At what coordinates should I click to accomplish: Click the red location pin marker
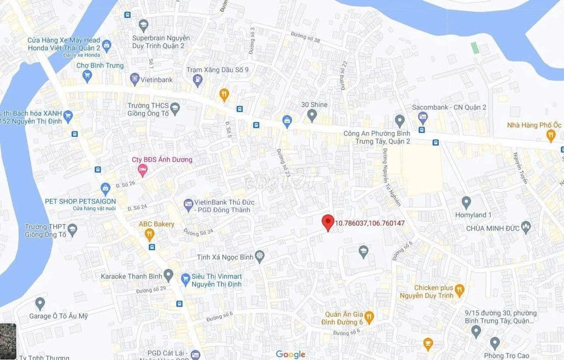(x=328, y=222)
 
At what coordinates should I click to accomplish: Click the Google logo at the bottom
(x=290, y=354)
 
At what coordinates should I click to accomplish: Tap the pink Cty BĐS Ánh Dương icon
(x=143, y=170)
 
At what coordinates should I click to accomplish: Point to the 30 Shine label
(x=314, y=105)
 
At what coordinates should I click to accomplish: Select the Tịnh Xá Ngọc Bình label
(x=226, y=258)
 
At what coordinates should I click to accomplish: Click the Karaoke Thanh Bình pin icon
(x=169, y=275)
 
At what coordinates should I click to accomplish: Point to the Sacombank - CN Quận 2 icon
(x=422, y=117)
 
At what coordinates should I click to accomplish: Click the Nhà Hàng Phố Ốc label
(x=530, y=125)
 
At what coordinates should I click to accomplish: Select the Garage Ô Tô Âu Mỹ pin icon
(x=40, y=303)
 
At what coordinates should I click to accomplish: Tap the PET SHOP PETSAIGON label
(x=80, y=201)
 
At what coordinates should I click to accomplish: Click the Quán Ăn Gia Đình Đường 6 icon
(x=369, y=317)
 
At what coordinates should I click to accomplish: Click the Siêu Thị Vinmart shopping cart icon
(x=186, y=280)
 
